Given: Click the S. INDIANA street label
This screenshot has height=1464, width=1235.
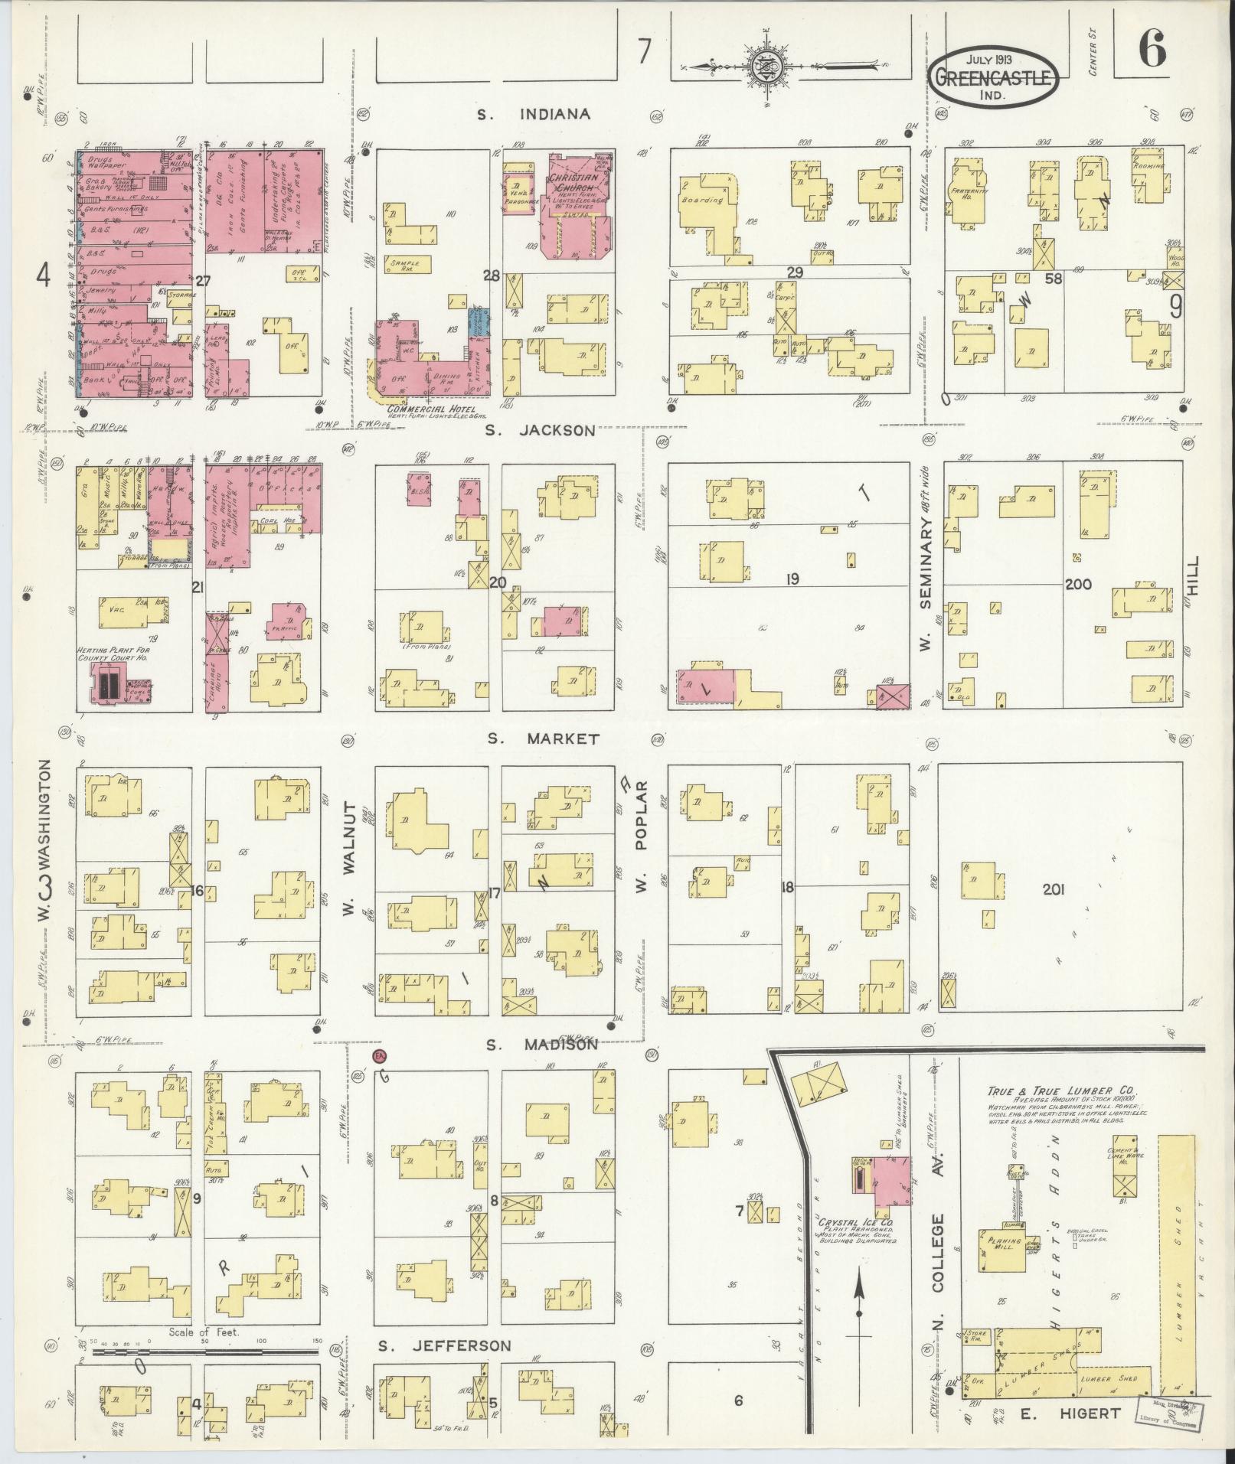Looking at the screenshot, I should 534,115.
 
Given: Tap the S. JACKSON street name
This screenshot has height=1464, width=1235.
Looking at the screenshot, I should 540,430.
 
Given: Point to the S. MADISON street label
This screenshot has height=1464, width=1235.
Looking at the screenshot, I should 542,1045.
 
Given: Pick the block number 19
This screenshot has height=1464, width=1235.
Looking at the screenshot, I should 791,579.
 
